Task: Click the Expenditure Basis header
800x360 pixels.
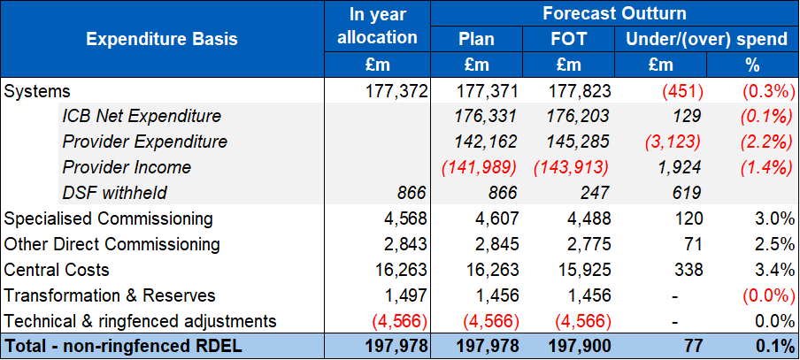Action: coord(162,40)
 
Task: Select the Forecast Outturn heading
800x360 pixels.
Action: coord(615,13)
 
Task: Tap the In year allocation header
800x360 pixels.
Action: coord(378,26)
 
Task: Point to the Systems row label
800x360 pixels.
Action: coord(37,91)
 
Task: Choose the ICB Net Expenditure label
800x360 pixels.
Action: coord(142,117)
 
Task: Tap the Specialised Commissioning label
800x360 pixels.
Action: coord(109,218)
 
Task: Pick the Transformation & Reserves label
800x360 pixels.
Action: coord(110,295)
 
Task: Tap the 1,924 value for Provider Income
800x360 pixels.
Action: coord(682,167)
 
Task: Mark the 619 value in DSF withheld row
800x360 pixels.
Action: coord(688,193)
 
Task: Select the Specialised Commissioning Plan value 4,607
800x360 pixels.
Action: coord(488,218)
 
